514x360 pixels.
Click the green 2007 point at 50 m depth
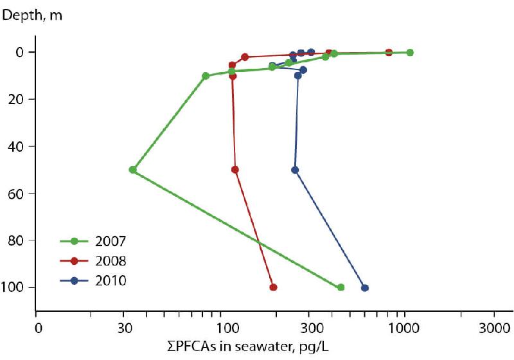coord(133,170)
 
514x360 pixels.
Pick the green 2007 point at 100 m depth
coord(341,287)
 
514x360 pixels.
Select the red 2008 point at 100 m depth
coord(273,287)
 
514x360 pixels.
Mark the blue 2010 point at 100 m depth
coord(365,287)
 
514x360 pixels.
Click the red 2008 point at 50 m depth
coord(235,170)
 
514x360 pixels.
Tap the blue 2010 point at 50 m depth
coord(295,170)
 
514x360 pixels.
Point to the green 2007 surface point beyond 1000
coord(410,52)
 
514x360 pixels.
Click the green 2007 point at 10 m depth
coord(206,76)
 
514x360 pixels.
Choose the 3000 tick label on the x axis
coord(493,327)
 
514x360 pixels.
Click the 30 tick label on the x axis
coord(126,327)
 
